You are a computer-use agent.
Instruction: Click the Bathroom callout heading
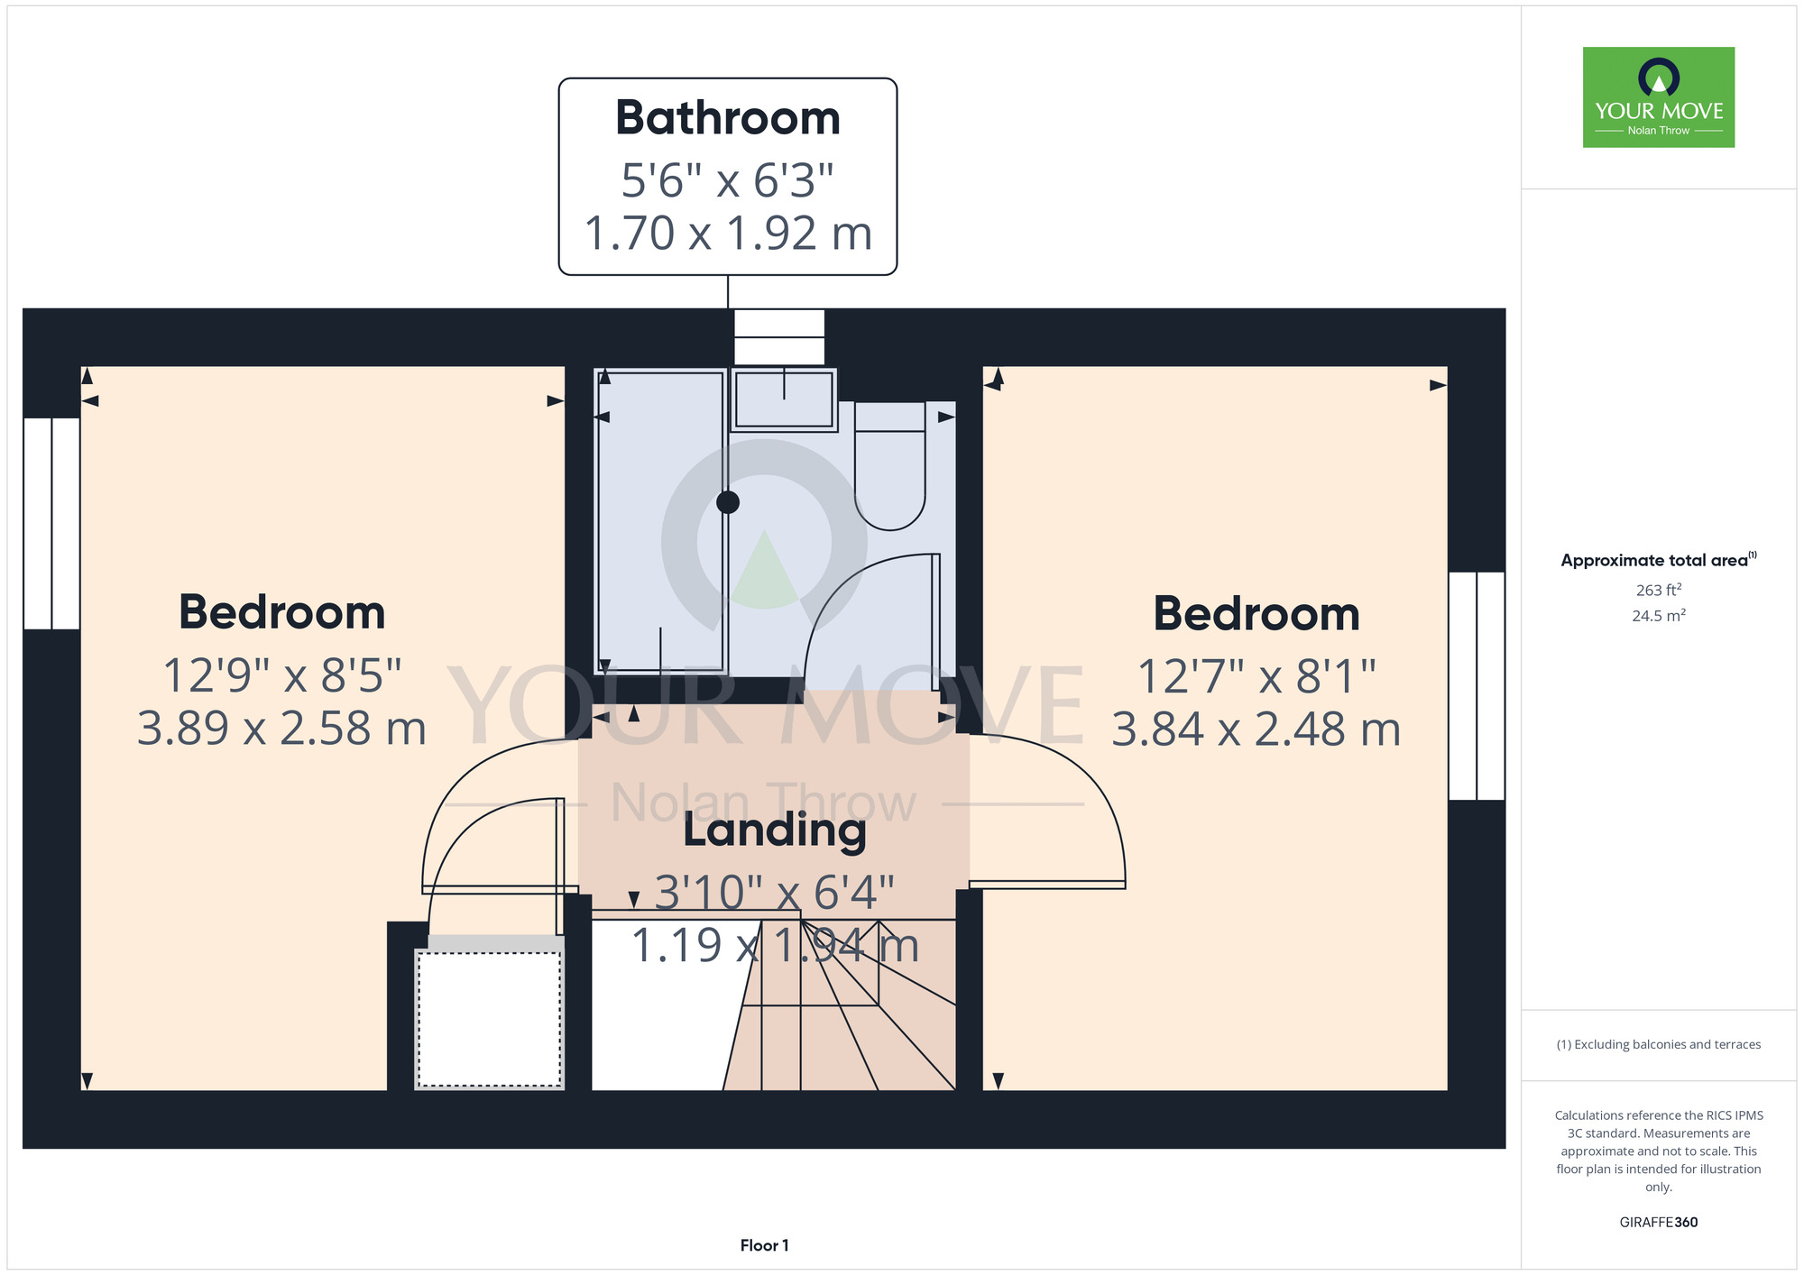pyautogui.click(x=728, y=118)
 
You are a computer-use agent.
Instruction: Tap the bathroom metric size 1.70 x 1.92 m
pyautogui.click(x=728, y=234)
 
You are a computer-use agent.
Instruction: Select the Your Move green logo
pyautogui.click(x=1659, y=97)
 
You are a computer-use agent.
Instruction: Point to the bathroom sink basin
pyautogui.click(x=784, y=399)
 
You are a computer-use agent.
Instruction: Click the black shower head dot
pyautogui.click(x=728, y=502)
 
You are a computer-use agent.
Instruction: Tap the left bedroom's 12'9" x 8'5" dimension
pyautogui.click(x=282, y=675)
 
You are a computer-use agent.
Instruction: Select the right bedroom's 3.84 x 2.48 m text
pyautogui.click(x=1256, y=729)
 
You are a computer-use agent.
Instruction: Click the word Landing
pyautogui.click(x=775, y=830)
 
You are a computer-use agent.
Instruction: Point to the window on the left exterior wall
pyautogui.click(x=51, y=523)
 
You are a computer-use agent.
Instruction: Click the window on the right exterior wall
pyautogui.click(x=1477, y=686)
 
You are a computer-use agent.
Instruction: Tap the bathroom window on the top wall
pyautogui.click(x=779, y=337)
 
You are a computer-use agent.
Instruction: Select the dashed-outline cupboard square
pyautogui.click(x=490, y=1019)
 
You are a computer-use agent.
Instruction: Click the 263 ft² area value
pyautogui.click(x=1659, y=590)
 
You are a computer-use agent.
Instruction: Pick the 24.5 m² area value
pyautogui.click(x=1659, y=616)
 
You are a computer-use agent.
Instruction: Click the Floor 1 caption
pyautogui.click(x=764, y=1245)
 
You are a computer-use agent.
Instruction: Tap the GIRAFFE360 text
pyautogui.click(x=1659, y=1223)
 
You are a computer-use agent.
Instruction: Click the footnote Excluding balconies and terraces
pyautogui.click(x=1659, y=1044)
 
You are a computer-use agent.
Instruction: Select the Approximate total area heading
pyautogui.click(x=1659, y=560)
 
